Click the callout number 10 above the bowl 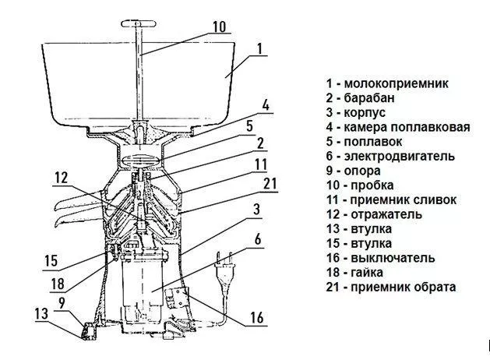220,26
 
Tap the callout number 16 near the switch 256,317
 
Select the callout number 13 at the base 41,314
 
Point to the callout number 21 270,184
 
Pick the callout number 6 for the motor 258,239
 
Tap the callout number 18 58,284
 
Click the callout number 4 266,105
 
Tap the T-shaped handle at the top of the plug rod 139,23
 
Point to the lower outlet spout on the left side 79,217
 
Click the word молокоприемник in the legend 396,83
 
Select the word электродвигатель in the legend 399,156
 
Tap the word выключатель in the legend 393,258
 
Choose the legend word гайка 367,273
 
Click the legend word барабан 368,98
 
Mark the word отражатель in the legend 386,214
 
